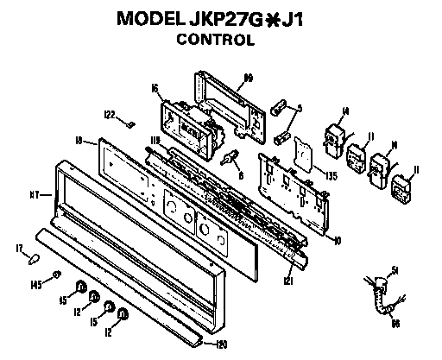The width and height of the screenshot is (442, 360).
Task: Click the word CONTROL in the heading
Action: click(223, 39)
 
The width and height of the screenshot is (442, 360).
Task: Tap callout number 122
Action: click(110, 113)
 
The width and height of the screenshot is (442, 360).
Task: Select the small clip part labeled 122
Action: click(129, 123)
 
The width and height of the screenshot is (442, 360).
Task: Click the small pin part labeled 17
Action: click(34, 255)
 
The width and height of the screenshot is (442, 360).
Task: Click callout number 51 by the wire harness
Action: click(396, 270)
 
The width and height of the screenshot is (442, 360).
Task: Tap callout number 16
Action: click(154, 87)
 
